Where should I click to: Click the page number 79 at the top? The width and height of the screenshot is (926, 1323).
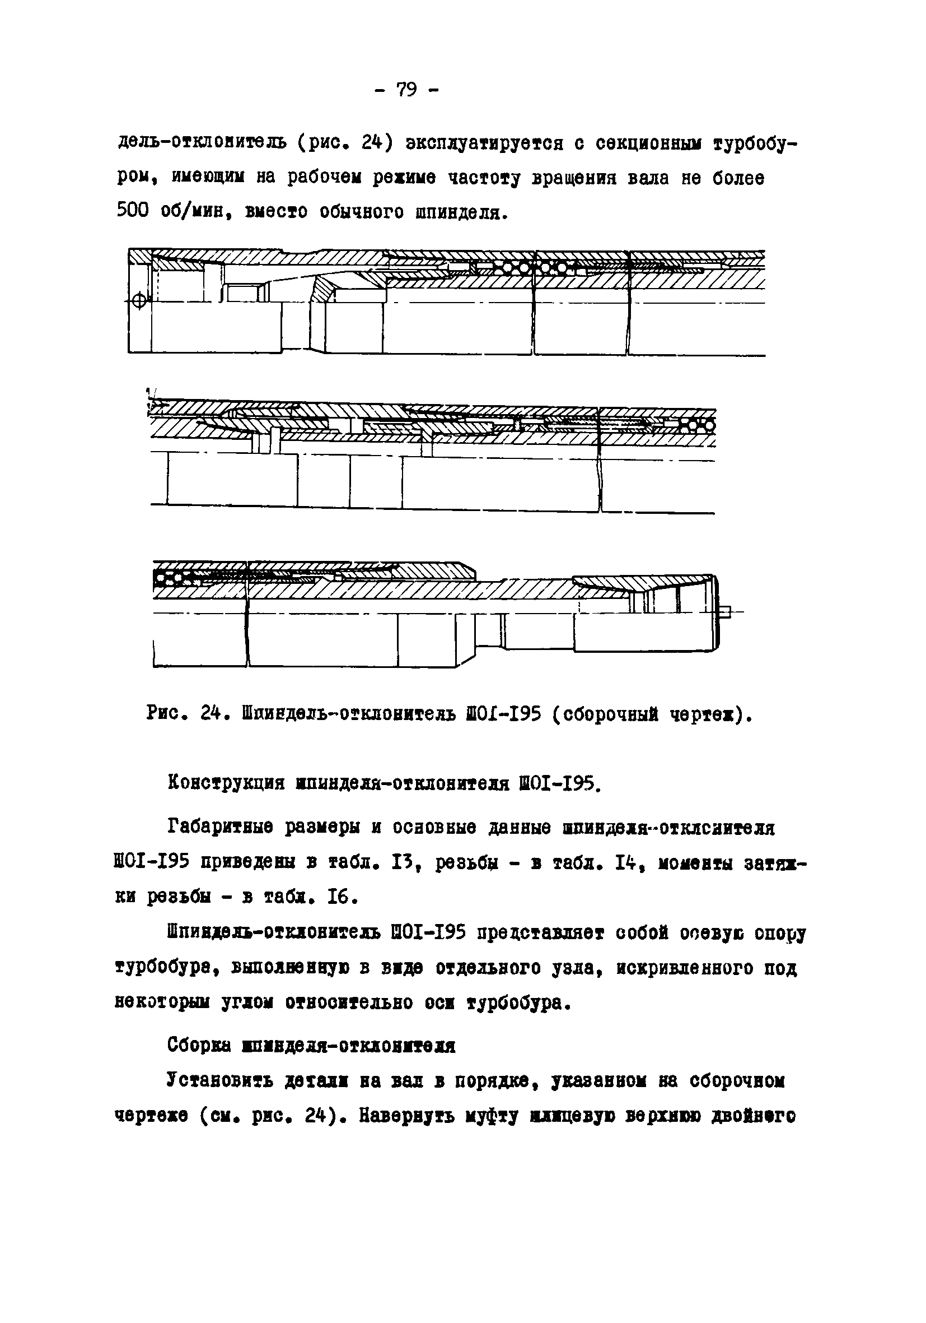(406, 90)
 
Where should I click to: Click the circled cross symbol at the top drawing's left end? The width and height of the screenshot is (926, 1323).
(139, 300)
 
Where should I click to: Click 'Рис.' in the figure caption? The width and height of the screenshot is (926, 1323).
(166, 715)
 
